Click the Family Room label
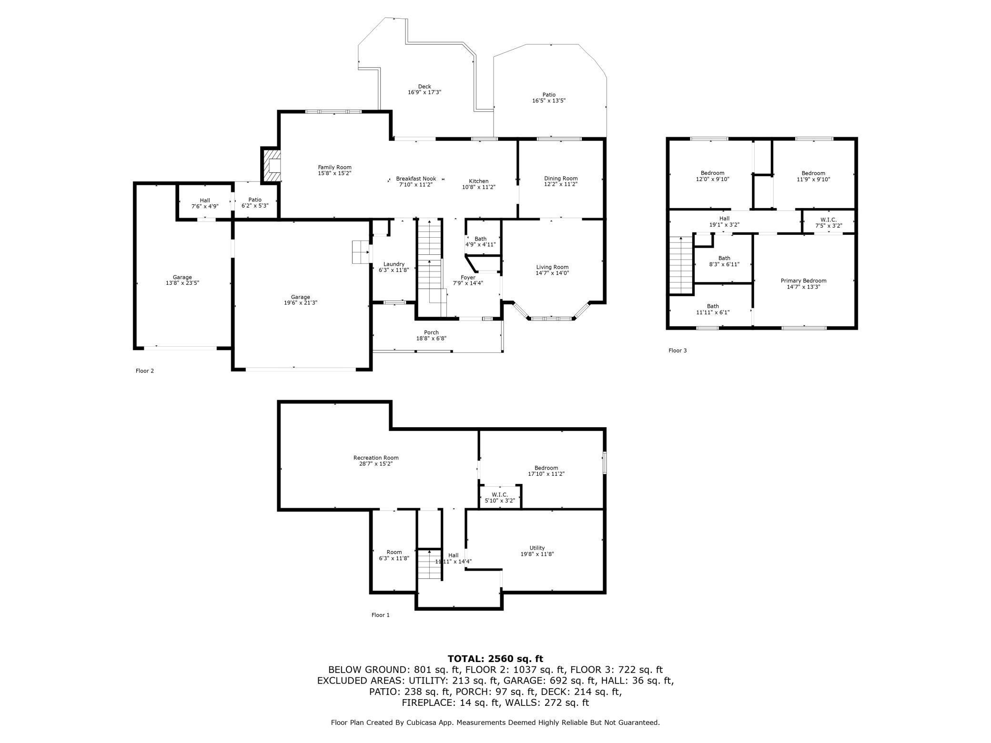(x=334, y=167)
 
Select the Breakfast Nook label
(x=416, y=179)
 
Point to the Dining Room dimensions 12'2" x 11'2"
(x=561, y=184)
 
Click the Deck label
(x=425, y=87)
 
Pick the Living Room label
(x=552, y=267)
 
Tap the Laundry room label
(x=394, y=264)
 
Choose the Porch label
(x=431, y=332)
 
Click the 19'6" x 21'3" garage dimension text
(x=301, y=303)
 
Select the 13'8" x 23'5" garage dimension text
(x=182, y=283)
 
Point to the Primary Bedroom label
(x=803, y=281)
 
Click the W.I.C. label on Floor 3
(x=829, y=220)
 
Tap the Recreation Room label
(x=376, y=458)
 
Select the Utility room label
(x=537, y=548)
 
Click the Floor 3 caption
(x=678, y=351)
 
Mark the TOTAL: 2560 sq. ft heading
(x=495, y=659)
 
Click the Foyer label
(x=468, y=278)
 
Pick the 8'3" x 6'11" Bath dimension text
(x=724, y=264)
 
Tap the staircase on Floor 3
(x=681, y=265)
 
